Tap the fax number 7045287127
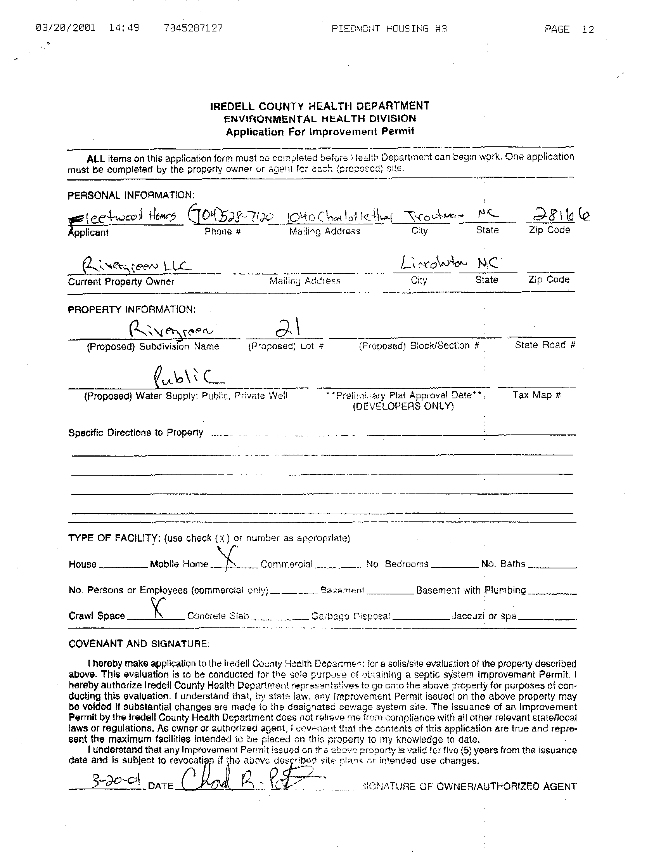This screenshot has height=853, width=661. [x=194, y=28]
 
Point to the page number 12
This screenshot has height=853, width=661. [x=587, y=29]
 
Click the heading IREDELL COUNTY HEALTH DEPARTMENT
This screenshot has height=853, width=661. [x=320, y=106]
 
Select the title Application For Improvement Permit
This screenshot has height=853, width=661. [x=320, y=132]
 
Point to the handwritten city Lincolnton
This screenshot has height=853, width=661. [x=433, y=264]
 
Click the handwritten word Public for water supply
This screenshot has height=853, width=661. [x=188, y=376]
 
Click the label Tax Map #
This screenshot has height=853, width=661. [x=536, y=395]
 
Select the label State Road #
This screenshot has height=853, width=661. [x=545, y=345]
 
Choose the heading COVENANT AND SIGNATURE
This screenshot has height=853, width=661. [x=139, y=644]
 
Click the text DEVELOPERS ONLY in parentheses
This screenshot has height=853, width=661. [x=403, y=407]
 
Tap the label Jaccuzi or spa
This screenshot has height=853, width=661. [x=484, y=616]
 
